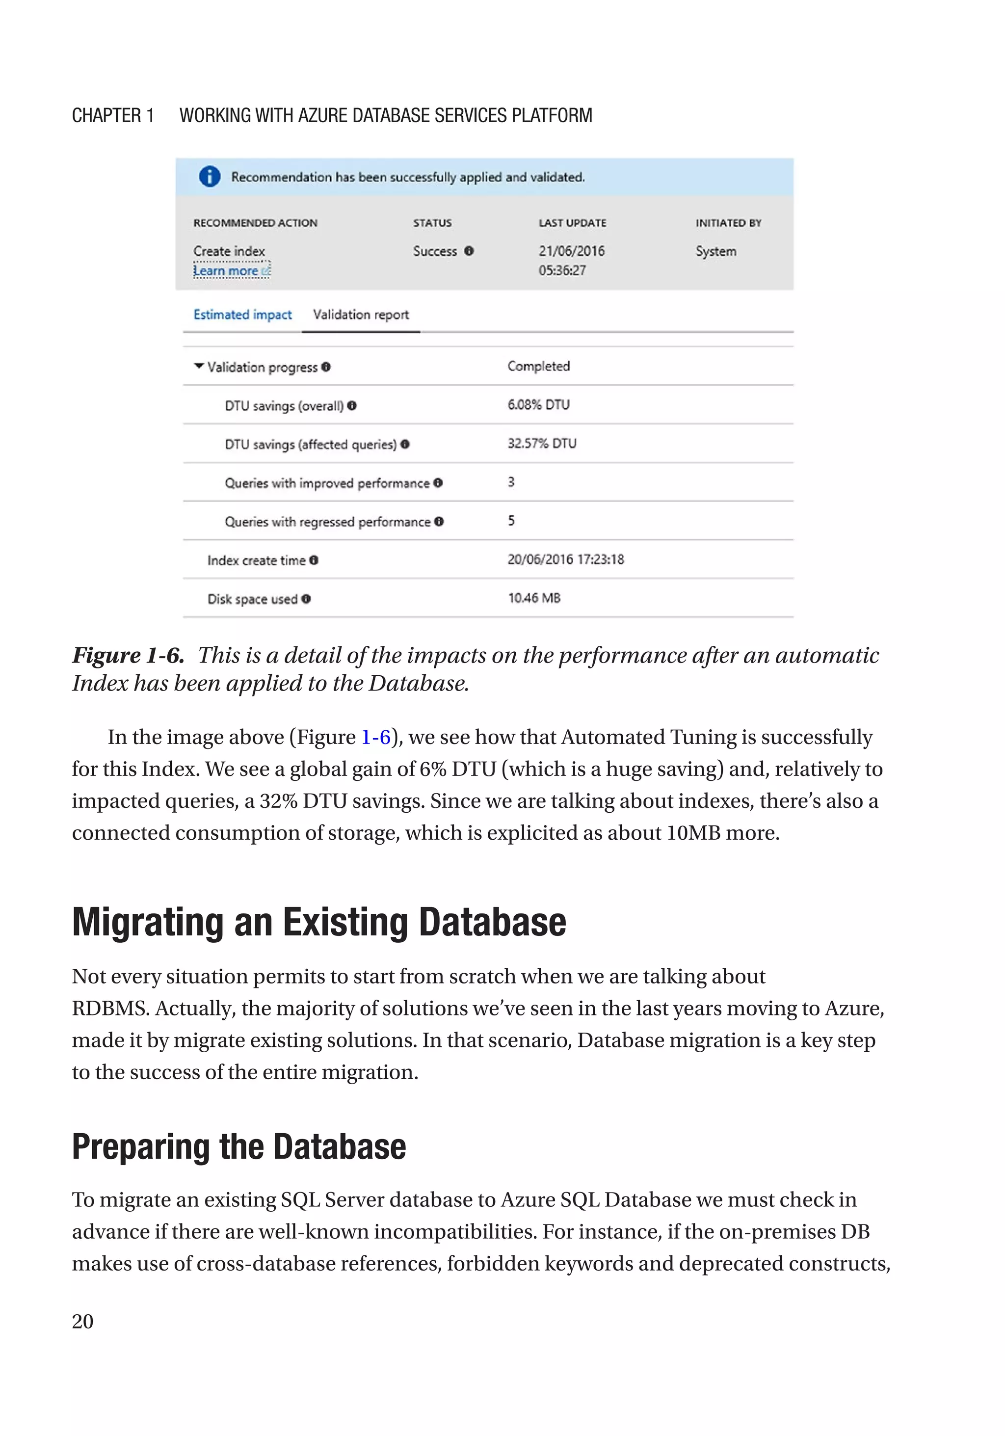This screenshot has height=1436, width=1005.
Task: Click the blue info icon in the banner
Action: click(x=210, y=177)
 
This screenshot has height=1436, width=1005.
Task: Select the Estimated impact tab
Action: click(x=242, y=315)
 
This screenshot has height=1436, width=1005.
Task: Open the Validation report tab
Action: click(x=361, y=315)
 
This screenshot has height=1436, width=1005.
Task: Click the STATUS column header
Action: click(x=432, y=223)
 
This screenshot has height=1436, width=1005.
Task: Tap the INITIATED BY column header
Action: click(x=729, y=223)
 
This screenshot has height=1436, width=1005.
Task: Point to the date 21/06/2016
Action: click(x=572, y=251)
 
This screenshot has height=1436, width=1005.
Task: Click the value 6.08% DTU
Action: click(x=538, y=405)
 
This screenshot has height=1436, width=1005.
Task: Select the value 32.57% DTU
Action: click(x=542, y=444)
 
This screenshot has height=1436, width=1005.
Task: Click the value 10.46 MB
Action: click(x=534, y=598)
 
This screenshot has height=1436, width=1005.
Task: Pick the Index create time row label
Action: click(x=257, y=560)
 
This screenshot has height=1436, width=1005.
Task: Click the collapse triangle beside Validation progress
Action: click(x=199, y=367)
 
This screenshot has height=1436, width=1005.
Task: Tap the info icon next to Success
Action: click(x=469, y=251)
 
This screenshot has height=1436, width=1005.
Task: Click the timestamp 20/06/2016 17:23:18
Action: click(x=565, y=559)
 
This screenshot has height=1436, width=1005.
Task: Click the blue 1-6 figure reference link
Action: click(x=375, y=738)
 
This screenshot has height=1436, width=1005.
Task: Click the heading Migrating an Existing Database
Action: click(x=319, y=923)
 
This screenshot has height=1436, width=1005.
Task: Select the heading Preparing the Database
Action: click(x=239, y=1146)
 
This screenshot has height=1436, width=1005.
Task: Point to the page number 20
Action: click(x=82, y=1322)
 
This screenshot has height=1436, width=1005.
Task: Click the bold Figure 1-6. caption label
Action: click(x=128, y=656)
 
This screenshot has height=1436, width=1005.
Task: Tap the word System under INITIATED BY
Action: click(x=716, y=251)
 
